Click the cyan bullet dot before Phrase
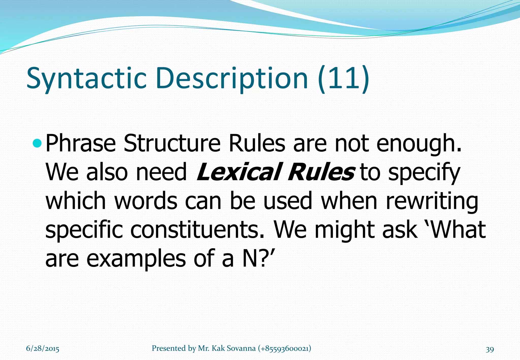point(37,143)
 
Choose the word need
point(161,172)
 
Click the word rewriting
point(432,201)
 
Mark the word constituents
point(198,230)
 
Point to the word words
point(146,201)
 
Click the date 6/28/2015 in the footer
point(43,349)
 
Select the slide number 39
point(490,349)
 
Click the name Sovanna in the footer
point(241,348)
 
